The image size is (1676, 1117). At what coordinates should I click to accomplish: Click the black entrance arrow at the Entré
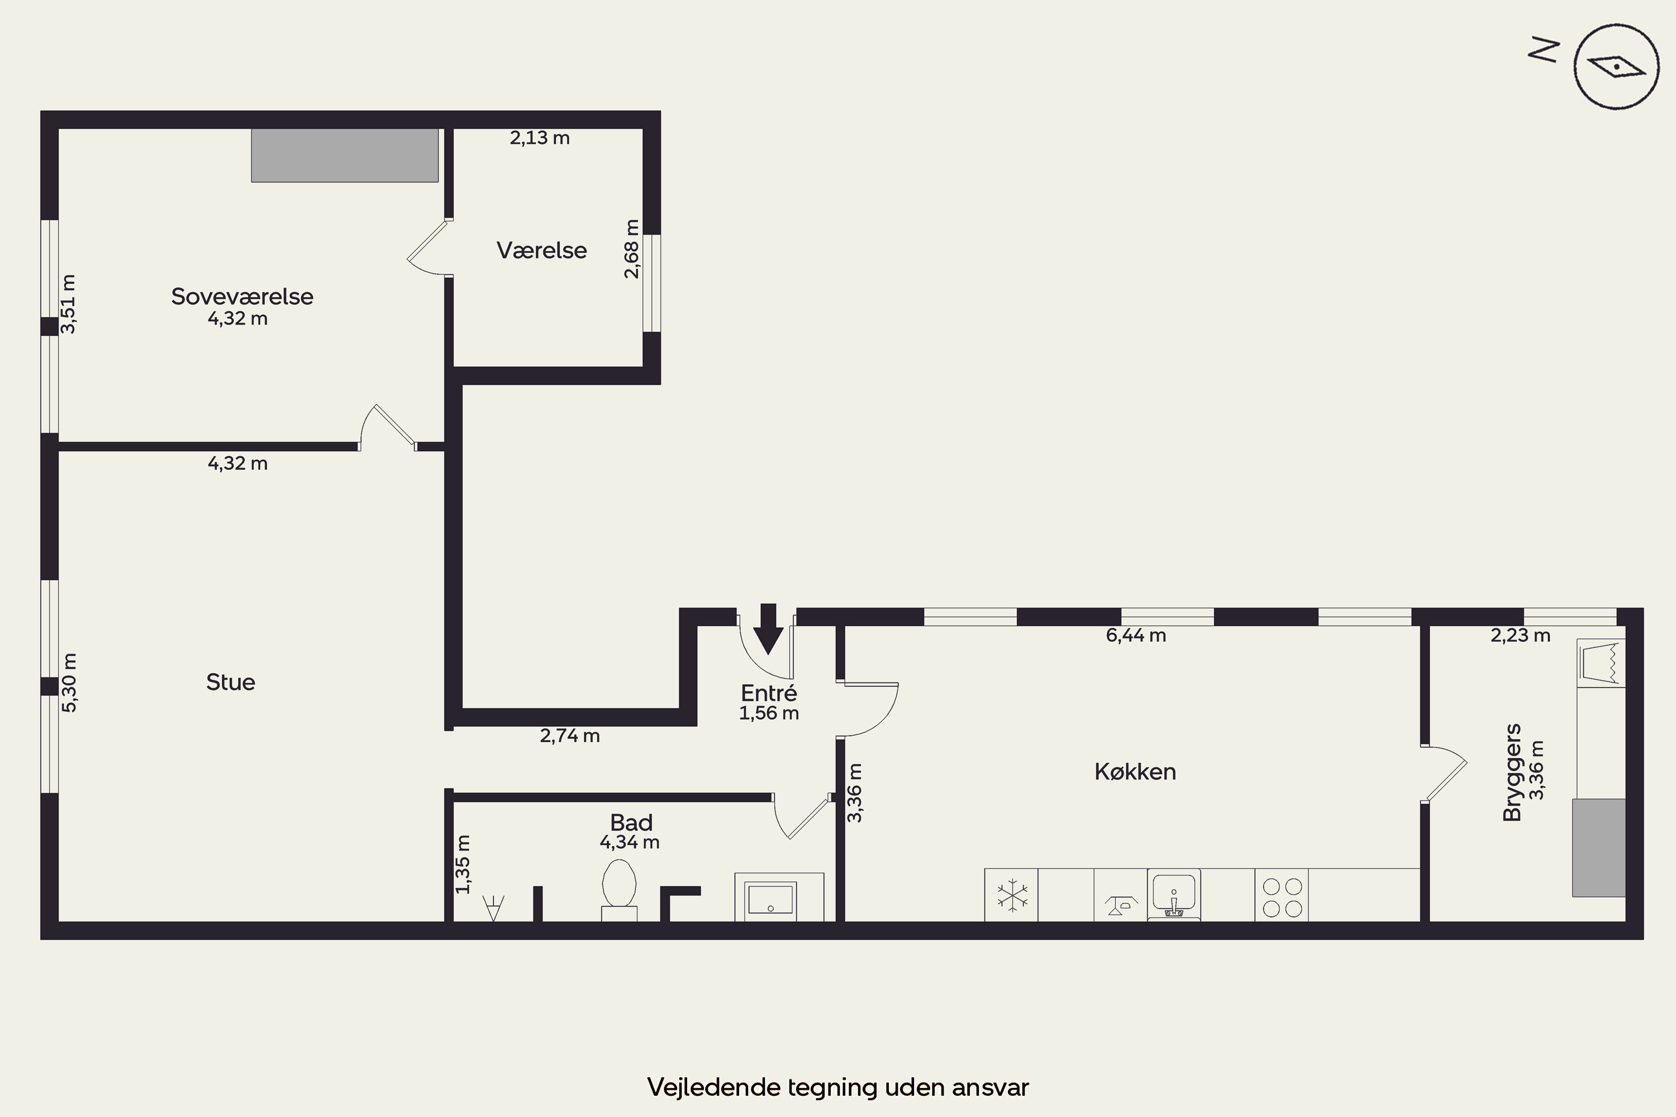click(768, 629)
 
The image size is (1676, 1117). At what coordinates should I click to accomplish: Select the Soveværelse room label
click(242, 297)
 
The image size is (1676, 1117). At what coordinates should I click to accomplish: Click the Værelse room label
click(541, 250)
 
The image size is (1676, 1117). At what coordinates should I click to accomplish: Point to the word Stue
click(231, 682)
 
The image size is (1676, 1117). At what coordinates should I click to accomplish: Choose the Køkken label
click(1135, 771)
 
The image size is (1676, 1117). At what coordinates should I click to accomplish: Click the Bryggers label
click(1512, 773)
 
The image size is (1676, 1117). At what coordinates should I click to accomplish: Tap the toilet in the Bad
click(619, 890)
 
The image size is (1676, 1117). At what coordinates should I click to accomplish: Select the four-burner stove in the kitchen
click(1282, 897)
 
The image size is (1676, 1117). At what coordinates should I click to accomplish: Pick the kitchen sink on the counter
click(1174, 895)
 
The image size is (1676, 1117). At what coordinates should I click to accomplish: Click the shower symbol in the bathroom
click(493, 908)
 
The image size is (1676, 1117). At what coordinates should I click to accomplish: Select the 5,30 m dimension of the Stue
click(69, 682)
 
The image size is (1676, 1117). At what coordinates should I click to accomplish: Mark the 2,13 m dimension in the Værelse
click(540, 137)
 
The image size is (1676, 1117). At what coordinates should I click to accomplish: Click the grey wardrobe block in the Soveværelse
click(345, 155)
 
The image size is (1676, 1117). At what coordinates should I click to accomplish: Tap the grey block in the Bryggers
click(1599, 848)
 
